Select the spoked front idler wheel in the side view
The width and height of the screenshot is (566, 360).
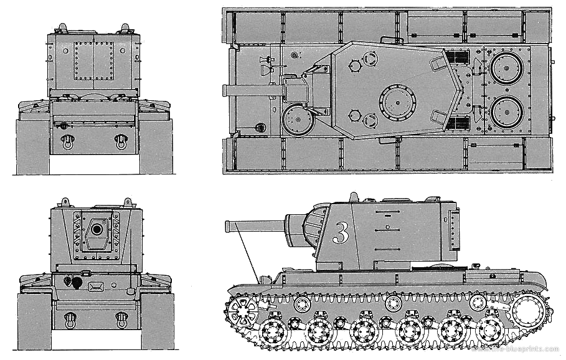[x=243, y=309]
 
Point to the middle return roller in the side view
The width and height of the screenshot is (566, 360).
[x=393, y=303]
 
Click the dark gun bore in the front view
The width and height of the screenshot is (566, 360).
[x=97, y=229]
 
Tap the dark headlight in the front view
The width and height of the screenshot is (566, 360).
[x=76, y=282]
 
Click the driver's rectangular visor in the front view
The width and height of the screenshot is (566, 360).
[x=96, y=287]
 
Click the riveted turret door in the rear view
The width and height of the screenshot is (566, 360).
[x=93, y=61]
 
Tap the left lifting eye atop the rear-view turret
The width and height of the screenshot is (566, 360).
[x=62, y=27]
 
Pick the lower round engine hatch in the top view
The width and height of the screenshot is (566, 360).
[x=506, y=112]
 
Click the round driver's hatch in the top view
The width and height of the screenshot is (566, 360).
[x=297, y=120]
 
